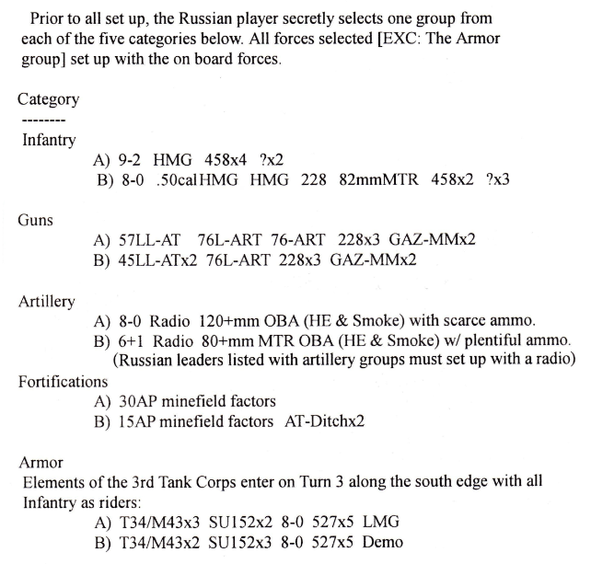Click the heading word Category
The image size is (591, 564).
pos(48,99)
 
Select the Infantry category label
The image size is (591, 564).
pos(49,140)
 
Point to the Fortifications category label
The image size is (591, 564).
pos(64,381)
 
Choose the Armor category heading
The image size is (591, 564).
pos(42,462)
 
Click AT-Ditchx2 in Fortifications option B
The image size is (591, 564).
pos(324,421)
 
